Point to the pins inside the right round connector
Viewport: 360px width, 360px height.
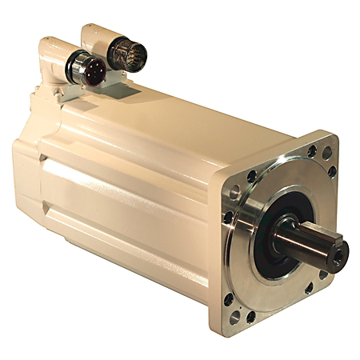point(124,54)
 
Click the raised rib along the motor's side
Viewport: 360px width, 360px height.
point(120,192)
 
